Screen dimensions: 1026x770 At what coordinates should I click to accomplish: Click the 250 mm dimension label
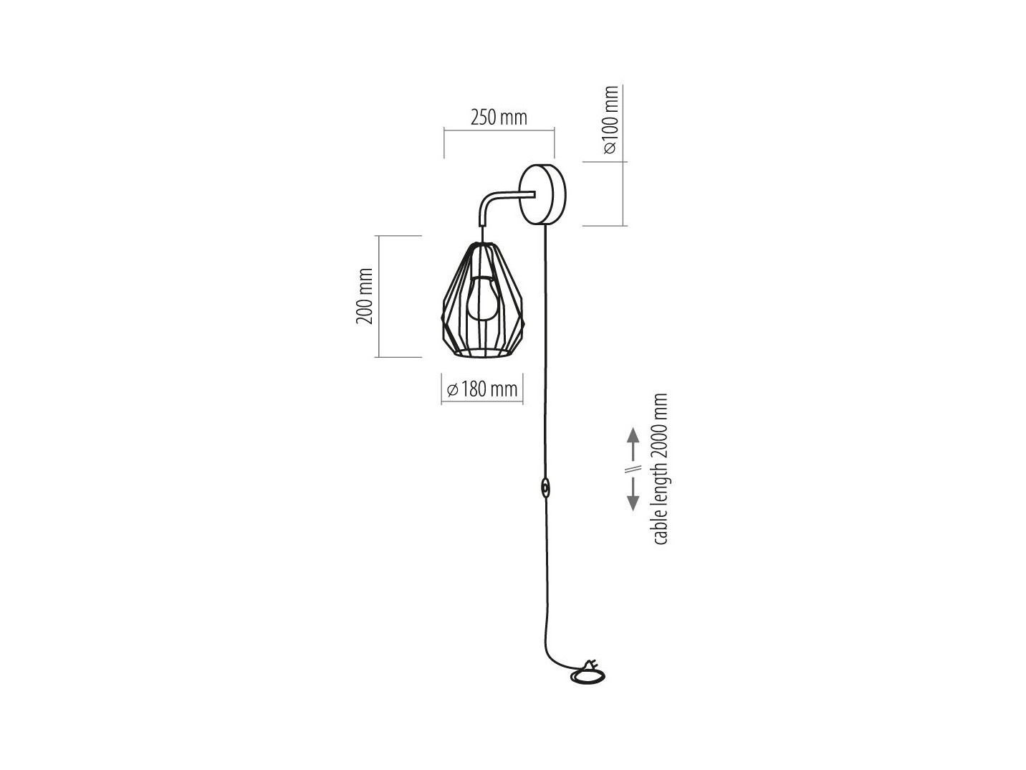pyautogui.click(x=499, y=118)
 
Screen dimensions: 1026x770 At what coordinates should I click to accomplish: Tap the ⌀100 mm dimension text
pyautogui.click(x=610, y=120)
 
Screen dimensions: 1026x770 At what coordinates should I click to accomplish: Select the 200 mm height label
pyautogui.click(x=365, y=296)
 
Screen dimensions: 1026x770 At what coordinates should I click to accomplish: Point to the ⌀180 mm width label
pyautogui.click(x=482, y=389)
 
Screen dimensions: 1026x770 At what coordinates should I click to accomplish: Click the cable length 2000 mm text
pyautogui.click(x=660, y=468)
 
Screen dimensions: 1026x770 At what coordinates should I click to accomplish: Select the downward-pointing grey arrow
pyautogui.click(x=633, y=494)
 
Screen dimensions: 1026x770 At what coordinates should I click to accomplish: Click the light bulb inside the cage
pyautogui.click(x=482, y=298)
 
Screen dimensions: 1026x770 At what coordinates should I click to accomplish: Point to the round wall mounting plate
pyautogui.click(x=542, y=194)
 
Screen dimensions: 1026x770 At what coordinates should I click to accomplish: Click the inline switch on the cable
pyautogui.click(x=545, y=489)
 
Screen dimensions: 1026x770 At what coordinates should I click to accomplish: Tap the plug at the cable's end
pyautogui.click(x=590, y=665)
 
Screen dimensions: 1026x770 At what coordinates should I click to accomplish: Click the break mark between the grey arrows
pyautogui.click(x=633, y=469)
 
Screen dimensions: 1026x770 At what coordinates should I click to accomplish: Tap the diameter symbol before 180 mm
pyautogui.click(x=453, y=390)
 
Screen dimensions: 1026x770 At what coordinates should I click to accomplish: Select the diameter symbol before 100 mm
pyautogui.click(x=610, y=148)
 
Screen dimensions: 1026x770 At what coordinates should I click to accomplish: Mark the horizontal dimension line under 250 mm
pyautogui.click(x=499, y=130)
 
